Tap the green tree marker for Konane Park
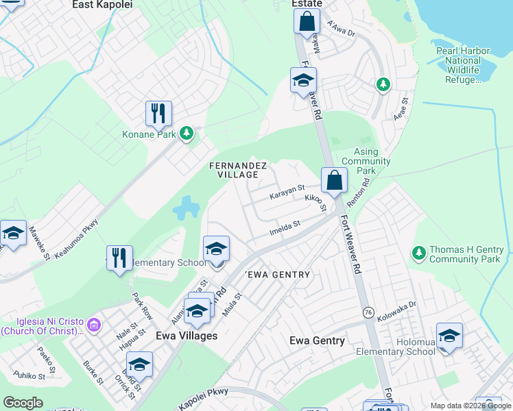pyautogui.click(x=186, y=134)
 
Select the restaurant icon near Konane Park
pyautogui.click(x=158, y=114)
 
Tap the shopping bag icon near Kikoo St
pyautogui.click(x=334, y=181)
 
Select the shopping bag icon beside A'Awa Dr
pyautogui.click(x=307, y=21)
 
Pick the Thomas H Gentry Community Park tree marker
pyautogui.click(x=418, y=254)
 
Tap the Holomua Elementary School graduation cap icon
pyautogui.click(x=449, y=336)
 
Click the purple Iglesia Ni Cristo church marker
pyautogui.click(x=95, y=322)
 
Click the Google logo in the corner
pyautogui.click(x=23, y=403)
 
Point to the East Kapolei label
pyautogui.click(x=102, y=4)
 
